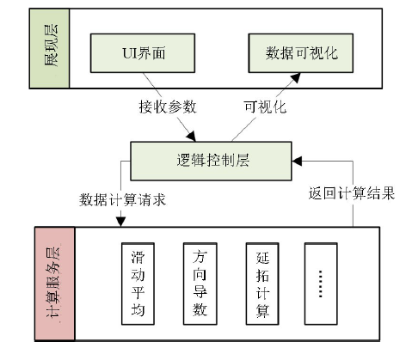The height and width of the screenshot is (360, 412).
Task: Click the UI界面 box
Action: coord(143,53)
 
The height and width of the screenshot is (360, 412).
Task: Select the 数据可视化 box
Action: coord(300,53)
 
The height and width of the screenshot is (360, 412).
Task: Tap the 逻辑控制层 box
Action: coord(211,161)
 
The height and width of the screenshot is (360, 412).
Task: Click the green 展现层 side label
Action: coord(49,48)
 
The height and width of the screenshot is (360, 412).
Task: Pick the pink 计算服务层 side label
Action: coord(55,284)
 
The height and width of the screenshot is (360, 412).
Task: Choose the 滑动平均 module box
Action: coord(138,284)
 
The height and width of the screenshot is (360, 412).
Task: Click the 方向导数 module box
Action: coord(200,284)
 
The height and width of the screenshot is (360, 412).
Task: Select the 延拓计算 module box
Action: coord(262,284)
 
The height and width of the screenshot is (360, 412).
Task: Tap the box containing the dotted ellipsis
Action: coord(321,284)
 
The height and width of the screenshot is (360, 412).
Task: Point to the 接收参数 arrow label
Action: coord(168,107)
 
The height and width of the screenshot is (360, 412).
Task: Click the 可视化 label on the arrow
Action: coord(265,107)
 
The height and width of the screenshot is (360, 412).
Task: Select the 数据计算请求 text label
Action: coord(122,199)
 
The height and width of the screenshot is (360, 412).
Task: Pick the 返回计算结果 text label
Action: coord(352,193)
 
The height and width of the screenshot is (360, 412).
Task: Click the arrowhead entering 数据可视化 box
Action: coord(296,77)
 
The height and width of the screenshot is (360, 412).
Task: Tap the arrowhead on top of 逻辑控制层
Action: coord(191,137)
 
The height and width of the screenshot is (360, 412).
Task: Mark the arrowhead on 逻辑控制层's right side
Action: coord(297,161)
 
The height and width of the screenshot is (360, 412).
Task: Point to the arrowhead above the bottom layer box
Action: coord(120,222)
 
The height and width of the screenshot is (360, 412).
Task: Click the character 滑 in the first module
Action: coord(138,257)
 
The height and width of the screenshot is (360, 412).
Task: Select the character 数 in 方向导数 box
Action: coord(200,309)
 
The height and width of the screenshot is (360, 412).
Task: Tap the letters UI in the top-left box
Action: coord(129,53)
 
